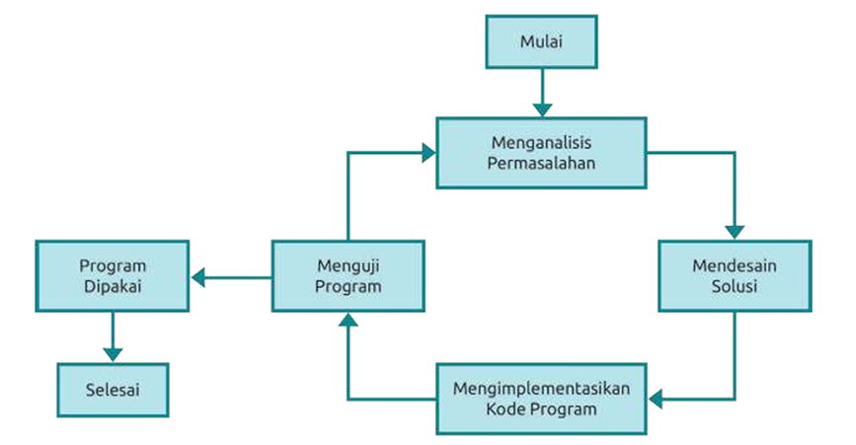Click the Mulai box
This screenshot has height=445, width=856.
point(542,42)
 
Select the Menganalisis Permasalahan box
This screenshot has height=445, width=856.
point(542,153)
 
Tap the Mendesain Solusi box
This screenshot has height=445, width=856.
point(734,276)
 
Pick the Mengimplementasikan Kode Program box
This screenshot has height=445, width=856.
point(541,398)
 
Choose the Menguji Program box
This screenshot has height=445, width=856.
point(349,276)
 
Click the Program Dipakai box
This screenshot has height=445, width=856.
point(113,276)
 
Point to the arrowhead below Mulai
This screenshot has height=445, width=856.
point(542,108)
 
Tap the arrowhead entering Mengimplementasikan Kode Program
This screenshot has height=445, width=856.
point(656,399)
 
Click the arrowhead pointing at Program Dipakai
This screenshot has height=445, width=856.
point(198,277)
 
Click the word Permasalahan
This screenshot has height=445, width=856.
point(542,163)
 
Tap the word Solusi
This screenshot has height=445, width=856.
point(734,286)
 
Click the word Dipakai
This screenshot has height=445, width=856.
point(113,286)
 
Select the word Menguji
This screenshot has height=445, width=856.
point(349,266)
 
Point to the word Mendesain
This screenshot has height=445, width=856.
point(734,266)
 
